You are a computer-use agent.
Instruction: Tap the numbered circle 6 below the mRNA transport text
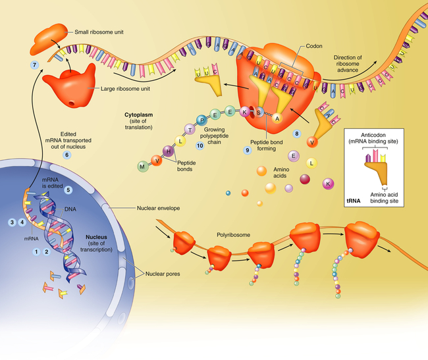click(x=66, y=155)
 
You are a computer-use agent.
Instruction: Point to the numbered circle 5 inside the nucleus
click(x=68, y=190)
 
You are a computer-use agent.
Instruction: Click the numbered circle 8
click(x=298, y=134)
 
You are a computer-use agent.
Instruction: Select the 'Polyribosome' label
click(x=233, y=234)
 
